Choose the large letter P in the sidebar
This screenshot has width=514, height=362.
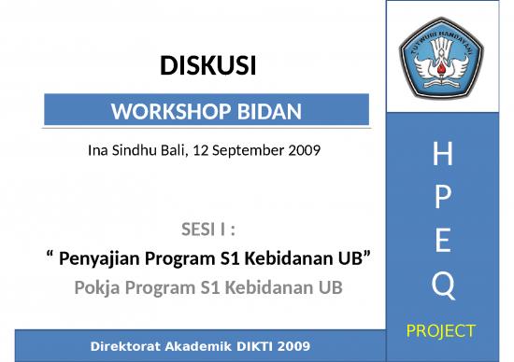click(x=444, y=200)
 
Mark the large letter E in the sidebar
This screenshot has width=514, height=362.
click(x=444, y=242)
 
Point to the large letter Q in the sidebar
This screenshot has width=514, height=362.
click(x=444, y=286)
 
